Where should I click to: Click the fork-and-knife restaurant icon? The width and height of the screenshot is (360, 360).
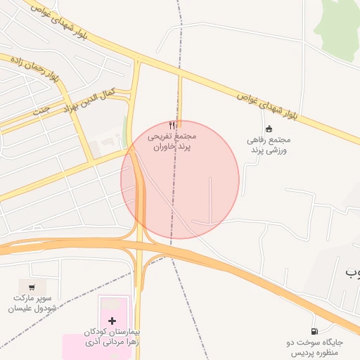[x=174, y=125]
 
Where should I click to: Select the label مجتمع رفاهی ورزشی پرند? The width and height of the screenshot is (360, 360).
[x=268, y=146]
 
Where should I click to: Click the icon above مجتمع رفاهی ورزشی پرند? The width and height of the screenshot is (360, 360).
[x=269, y=129]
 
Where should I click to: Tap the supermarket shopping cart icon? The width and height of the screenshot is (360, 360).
[x=31, y=287]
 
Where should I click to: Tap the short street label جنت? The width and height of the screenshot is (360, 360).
[x=42, y=110]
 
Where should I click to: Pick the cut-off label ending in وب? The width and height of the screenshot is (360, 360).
[x=352, y=271]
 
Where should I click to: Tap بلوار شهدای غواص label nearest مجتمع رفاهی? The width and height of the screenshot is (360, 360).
[x=267, y=104]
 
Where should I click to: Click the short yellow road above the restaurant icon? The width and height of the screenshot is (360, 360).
[x=181, y=98]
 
